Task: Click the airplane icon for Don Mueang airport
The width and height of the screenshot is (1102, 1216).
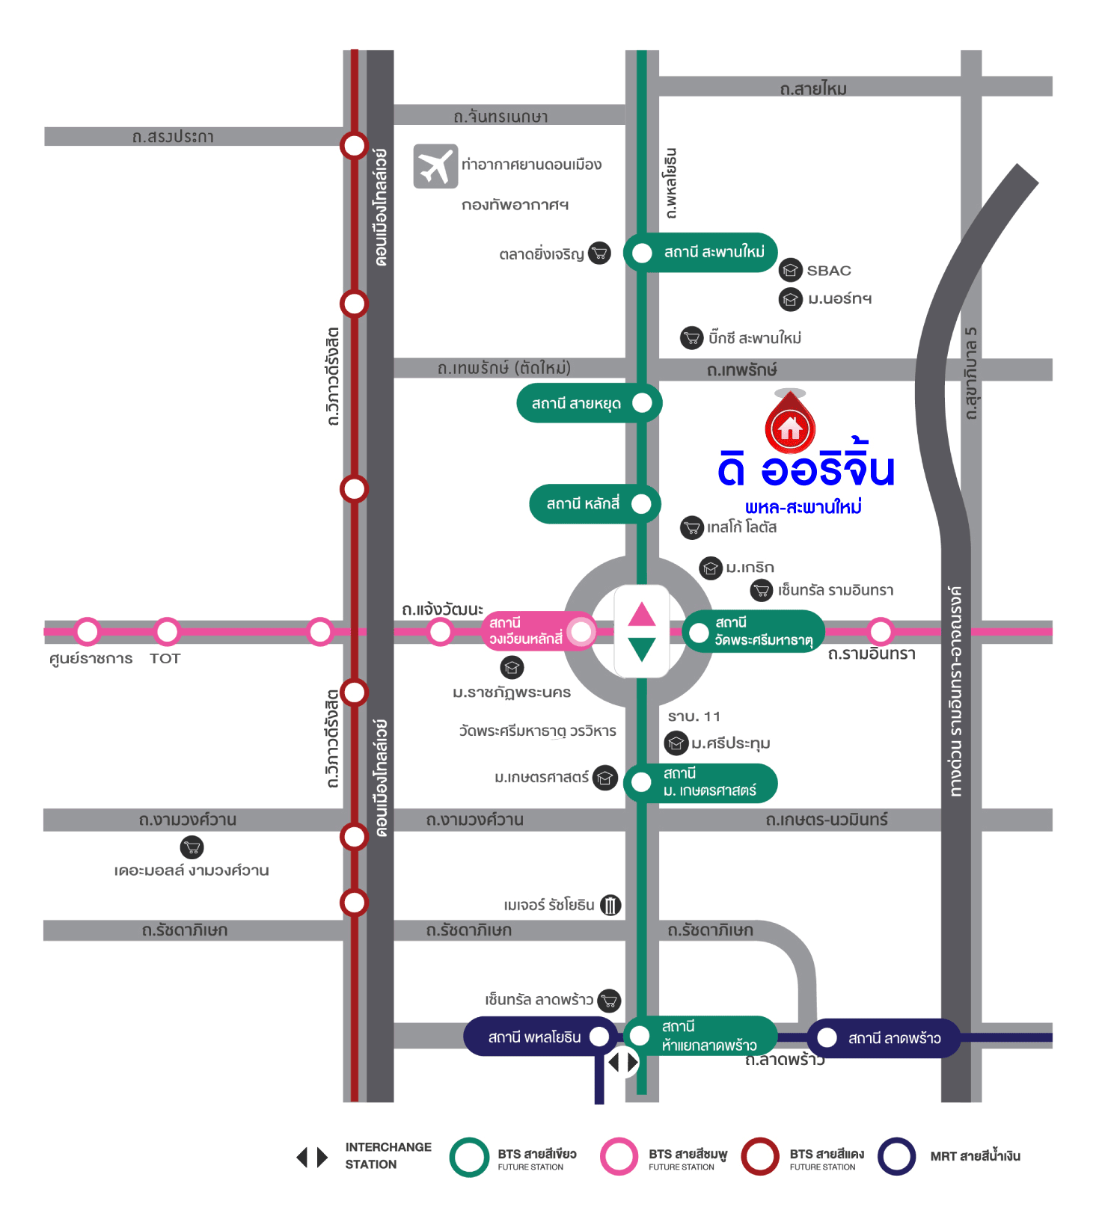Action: click(x=435, y=166)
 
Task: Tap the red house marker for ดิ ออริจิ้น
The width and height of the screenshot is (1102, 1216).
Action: click(x=790, y=427)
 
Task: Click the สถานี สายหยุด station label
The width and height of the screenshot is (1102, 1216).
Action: click(x=577, y=404)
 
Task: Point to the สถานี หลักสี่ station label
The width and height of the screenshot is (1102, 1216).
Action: click(x=584, y=504)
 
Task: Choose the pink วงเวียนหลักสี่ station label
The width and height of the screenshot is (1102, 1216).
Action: click(x=526, y=631)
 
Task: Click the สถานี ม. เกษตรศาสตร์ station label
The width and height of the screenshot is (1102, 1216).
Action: click(x=709, y=782)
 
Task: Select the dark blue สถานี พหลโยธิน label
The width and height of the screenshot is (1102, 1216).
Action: click(x=534, y=1037)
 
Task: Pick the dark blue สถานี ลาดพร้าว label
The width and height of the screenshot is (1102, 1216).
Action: click(x=894, y=1038)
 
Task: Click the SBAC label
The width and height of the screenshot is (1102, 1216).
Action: click(x=829, y=271)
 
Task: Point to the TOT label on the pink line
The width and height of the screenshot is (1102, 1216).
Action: click(x=165, y=659)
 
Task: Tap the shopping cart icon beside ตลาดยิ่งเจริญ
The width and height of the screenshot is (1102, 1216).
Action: click(x=599, y=254)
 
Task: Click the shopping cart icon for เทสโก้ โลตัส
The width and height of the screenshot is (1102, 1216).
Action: click(x=692, y=528)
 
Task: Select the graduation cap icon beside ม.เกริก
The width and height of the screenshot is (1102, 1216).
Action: click(x=710, y=568)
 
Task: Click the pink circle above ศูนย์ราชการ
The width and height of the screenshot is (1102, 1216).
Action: click(x=88, y=632)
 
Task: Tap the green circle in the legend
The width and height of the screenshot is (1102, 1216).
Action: click(x=469, y=1157)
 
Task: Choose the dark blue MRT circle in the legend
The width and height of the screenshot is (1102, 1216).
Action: click(x=896, y=1157)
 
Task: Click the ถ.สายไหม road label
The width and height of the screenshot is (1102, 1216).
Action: click(x=813, y=90)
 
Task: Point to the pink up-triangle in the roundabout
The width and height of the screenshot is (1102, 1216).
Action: click(x=642, y=615)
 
